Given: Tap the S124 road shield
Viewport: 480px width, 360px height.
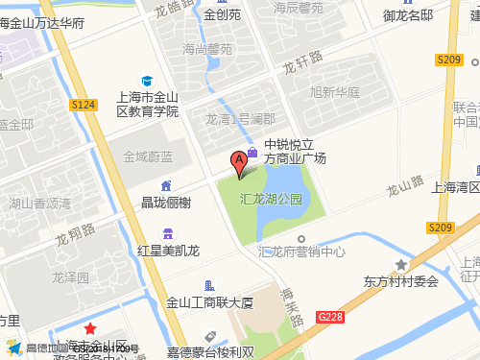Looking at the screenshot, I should tap(84, 104).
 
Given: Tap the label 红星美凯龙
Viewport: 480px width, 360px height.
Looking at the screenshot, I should tap(168, 251).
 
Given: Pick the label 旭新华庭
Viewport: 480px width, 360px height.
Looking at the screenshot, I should tap(335, 93).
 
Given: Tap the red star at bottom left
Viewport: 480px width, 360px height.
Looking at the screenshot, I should tap(90, 329).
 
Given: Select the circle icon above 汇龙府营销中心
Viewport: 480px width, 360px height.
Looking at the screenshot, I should tap(301, 238).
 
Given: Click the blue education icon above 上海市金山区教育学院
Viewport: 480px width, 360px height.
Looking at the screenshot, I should tap(147, 81).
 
